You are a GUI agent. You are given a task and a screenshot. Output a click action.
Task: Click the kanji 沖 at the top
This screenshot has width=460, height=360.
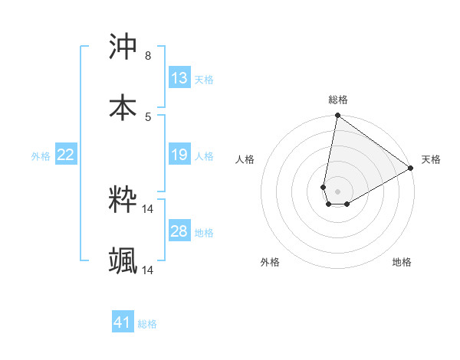click(123, 47)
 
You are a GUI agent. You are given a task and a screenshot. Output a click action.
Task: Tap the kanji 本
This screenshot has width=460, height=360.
click(123, 106)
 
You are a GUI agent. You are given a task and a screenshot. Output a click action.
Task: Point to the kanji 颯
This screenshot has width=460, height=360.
click(123, 260)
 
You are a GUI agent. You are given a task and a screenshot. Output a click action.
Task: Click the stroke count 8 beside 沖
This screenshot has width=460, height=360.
click(147, 56)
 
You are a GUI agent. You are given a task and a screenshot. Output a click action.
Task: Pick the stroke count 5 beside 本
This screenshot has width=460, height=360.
click(147, 116)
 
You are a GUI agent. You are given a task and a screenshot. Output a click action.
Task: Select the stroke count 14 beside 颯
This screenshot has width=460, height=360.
click(148, 270)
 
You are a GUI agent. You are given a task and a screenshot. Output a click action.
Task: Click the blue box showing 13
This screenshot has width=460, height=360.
click(179, 78)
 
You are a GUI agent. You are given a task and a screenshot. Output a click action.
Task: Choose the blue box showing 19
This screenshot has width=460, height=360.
click(179, 155)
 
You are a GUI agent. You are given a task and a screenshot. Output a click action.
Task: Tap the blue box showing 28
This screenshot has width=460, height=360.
click(179, 231)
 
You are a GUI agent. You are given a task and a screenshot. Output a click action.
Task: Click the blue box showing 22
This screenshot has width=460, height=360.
click(66, 155)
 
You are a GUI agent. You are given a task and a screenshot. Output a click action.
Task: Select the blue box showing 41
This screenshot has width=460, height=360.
click(123, 322)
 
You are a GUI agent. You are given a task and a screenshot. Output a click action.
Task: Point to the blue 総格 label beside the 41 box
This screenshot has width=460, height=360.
click(147, 324)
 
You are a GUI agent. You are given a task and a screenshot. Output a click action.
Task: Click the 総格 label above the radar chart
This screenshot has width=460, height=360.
click(338, 100)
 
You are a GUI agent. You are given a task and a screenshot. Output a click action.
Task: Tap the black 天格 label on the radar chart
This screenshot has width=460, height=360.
click(431, 159)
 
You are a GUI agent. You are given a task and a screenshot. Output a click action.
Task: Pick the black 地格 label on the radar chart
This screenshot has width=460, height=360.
click(402, 262)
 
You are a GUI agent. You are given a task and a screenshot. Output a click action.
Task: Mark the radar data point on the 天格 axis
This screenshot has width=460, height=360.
click(411, 169)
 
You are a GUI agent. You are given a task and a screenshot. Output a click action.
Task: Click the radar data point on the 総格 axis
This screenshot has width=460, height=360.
click(337, 116)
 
